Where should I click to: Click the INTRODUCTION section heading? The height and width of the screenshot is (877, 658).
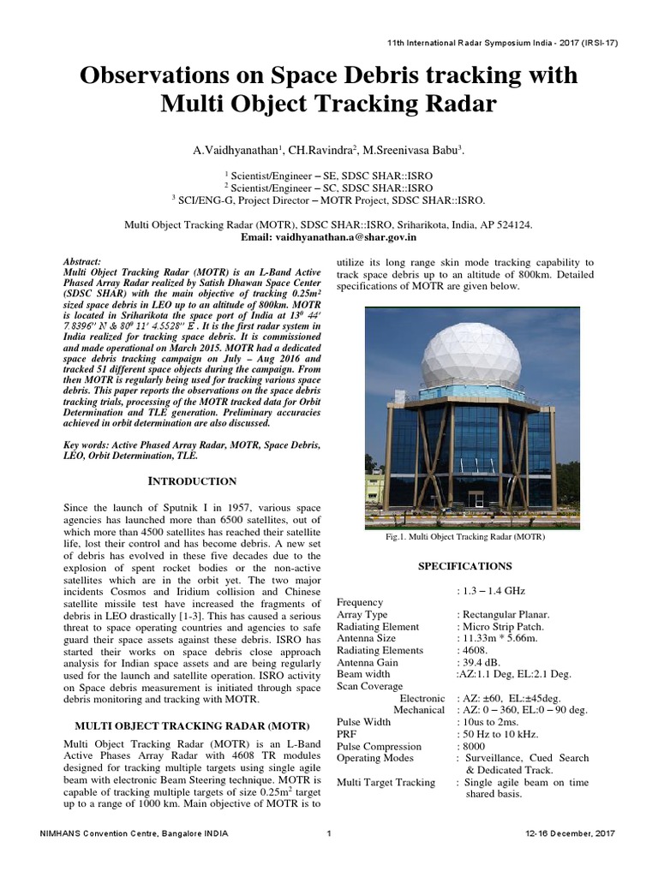193,481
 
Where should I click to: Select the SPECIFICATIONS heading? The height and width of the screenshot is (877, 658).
464,566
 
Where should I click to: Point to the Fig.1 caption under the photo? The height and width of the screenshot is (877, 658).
466,537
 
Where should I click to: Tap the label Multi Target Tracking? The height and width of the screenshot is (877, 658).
386,782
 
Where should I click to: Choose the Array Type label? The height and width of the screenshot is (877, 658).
362,614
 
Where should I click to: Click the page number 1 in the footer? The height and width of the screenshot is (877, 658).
329,857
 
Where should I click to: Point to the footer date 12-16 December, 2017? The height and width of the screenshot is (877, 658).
570,857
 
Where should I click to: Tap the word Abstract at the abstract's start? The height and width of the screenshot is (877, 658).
82,260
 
